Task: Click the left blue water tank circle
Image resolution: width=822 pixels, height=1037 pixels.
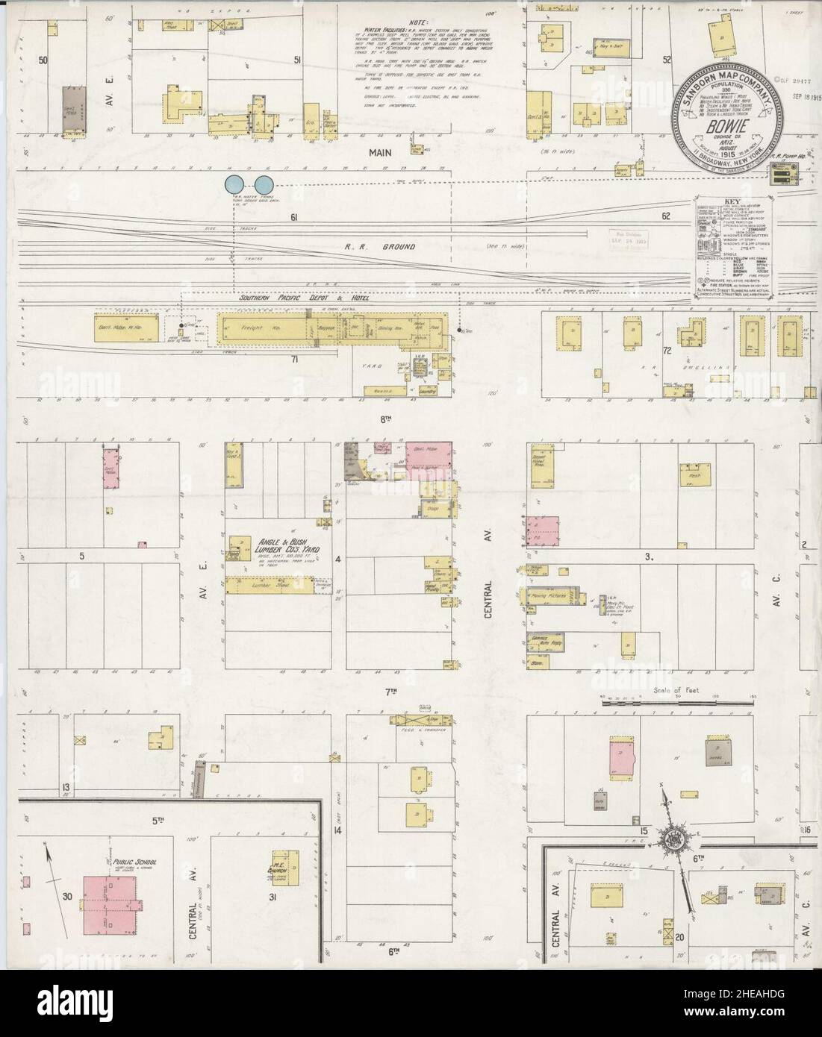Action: (x=235, y=183)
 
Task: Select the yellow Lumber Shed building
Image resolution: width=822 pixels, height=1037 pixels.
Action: (x=270, y=587)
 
